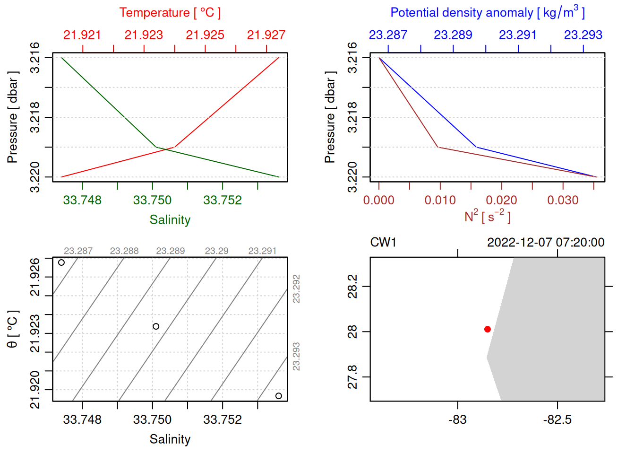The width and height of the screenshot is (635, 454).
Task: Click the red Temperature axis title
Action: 170,13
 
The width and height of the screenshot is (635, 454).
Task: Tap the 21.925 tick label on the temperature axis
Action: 205,35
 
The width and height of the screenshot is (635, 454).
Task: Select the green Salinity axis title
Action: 170,220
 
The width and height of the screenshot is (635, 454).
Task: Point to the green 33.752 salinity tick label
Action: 222,200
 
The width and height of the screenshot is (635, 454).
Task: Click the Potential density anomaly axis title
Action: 487,13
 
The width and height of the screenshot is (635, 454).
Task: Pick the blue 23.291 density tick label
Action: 518,35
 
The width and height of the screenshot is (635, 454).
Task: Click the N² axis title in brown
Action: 487,216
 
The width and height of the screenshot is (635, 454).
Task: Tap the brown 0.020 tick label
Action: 501,200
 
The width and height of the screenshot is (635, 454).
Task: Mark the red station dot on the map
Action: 488,329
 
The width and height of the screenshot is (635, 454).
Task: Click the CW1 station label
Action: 383,243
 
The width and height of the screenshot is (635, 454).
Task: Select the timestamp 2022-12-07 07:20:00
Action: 546,243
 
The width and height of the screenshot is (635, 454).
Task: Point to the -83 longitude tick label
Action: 457,419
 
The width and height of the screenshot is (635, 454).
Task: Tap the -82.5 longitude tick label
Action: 558,419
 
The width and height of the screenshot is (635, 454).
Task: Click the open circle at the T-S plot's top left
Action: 61,262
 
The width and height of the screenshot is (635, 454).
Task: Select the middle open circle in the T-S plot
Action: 156,326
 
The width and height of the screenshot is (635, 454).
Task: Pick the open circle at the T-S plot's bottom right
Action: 279,396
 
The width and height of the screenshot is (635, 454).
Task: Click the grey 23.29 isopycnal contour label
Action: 216,251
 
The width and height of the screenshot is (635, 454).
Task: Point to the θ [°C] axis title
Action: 13,329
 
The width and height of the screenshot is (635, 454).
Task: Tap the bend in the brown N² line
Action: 438,147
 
